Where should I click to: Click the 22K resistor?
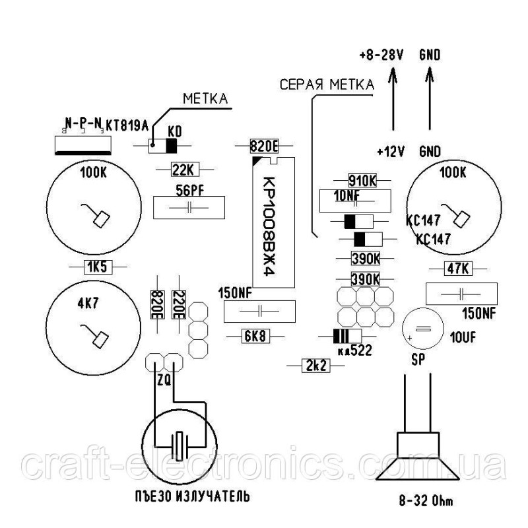tap(181, 170)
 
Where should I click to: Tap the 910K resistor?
tap(362, 180)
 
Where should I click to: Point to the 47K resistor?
tap(457, 269)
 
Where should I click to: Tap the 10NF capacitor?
tap(354, 199)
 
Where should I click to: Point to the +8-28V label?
tap(381, 55)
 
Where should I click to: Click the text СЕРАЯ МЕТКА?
tap(326, 84)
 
